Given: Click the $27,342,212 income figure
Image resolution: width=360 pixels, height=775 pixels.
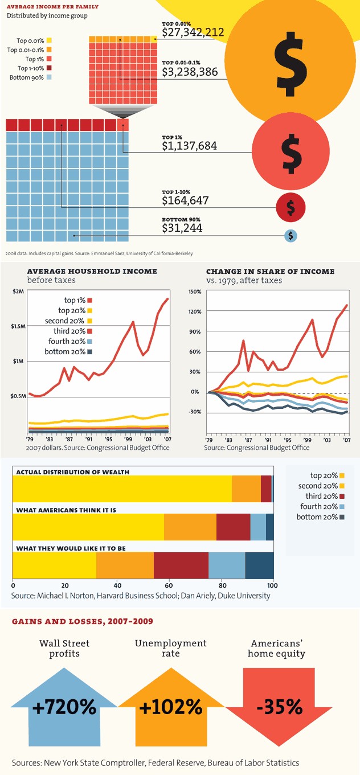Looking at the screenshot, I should pos(193,32).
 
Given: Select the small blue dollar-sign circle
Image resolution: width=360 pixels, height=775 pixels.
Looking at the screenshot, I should pos(291,235).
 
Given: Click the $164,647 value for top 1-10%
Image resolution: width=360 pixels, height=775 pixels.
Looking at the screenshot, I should pos(185,200).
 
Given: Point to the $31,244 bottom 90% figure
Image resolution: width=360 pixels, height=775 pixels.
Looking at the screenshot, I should pos(182,228).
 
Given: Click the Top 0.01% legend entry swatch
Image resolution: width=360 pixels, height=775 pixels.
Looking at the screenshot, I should pos(50,40).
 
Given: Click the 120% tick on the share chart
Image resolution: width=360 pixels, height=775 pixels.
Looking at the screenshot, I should pos(195,311).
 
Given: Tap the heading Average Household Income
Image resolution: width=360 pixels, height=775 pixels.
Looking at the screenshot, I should pos(92,272).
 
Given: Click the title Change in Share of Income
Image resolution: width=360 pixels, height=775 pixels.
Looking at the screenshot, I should pos(270,272).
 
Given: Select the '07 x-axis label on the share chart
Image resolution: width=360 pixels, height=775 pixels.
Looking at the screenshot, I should pos(346,440).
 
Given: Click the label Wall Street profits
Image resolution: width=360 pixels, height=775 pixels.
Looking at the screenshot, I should pos(64,648).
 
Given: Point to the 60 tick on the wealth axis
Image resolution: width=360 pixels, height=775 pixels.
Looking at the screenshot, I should pos(169,585).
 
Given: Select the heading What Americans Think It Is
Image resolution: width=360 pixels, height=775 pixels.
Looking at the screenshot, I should pos(66,510).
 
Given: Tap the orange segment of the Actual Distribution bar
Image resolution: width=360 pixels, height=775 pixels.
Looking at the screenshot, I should pos(246,489).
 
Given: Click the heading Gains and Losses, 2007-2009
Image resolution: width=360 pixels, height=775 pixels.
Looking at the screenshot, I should pos(82,621).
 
